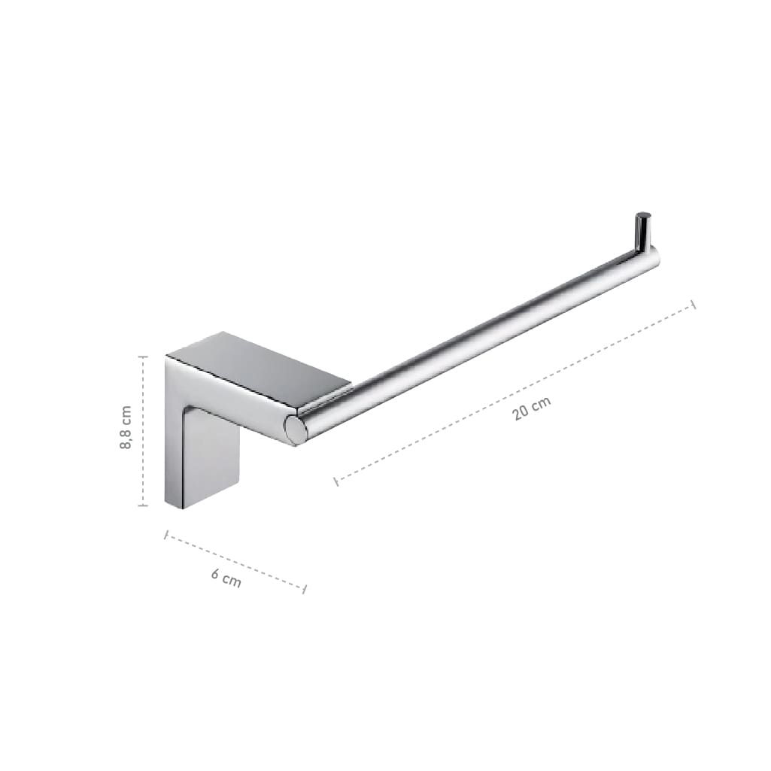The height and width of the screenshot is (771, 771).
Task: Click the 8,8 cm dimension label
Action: coord(126,426)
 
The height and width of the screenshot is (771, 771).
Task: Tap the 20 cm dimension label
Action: coord(532,408)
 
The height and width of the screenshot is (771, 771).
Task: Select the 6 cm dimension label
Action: coord(226,578)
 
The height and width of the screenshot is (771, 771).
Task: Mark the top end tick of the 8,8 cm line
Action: coord(143,357)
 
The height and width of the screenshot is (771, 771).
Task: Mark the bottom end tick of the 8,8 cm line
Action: coord(143,505)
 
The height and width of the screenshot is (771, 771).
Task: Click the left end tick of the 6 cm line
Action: coord(166,535)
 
